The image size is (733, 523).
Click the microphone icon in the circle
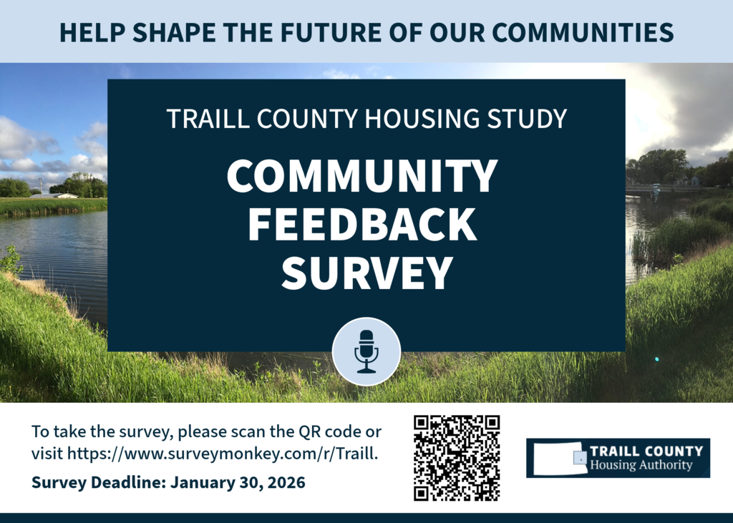point(366,351)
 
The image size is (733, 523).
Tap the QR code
point(457,458)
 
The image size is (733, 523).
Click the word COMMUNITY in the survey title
point(362,175)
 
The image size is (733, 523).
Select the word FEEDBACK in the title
point(362,224)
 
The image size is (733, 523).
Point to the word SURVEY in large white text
point(366,273)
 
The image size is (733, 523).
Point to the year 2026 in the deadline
point(286,483)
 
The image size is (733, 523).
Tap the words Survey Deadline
point(98,483)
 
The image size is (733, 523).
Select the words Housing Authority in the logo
point(641,466)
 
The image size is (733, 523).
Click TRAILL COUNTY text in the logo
point(646,451)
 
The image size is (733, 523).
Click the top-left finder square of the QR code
point(422,424)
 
